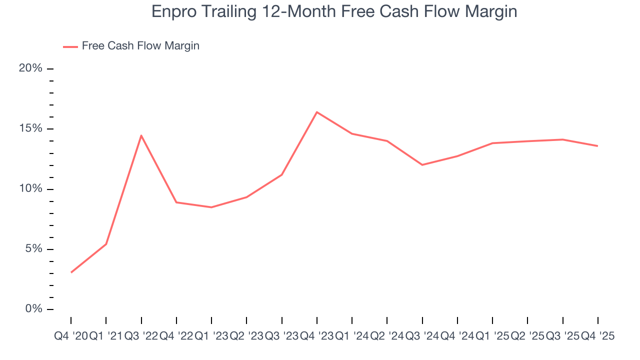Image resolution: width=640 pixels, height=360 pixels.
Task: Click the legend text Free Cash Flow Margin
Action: (140, 46)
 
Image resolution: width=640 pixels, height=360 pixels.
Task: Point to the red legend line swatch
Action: (70, 46)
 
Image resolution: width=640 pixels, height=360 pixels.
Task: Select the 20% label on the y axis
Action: (30, 68)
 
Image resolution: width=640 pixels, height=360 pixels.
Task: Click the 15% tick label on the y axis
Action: (30, 128)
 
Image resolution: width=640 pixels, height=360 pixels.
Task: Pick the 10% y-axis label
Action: (30, 189)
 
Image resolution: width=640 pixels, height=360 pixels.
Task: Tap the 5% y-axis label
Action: (33, 249)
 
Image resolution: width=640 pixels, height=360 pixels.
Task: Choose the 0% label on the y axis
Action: (33, 309)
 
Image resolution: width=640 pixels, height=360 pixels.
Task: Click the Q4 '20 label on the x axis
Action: (70, 336)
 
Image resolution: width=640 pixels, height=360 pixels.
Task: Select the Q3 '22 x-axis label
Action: (141, 336)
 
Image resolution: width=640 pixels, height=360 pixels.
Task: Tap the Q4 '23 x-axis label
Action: (317, 336)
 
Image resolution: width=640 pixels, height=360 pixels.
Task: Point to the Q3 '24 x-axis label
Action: (422, 336)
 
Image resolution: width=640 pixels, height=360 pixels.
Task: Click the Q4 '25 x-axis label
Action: (597, 336)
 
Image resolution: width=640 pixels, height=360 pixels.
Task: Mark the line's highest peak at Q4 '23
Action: (317, 112)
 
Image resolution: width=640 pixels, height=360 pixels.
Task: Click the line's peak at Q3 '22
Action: (141, 135)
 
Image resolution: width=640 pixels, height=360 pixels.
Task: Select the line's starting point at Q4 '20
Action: (71, 272)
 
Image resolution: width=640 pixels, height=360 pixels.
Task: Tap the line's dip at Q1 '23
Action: (211, 207)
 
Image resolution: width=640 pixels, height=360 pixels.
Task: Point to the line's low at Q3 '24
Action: (422, 164)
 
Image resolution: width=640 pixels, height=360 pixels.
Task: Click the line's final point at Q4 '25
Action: (598, 146)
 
